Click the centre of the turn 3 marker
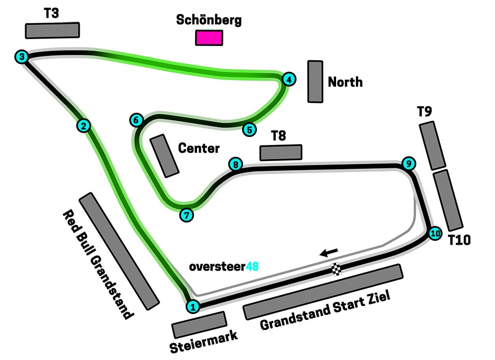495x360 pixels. click(x=22, y=57)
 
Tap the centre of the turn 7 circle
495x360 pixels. click(x=187, y=215)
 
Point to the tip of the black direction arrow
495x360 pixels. click(x=319, y=254)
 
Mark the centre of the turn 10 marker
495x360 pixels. click(x=435, y=233)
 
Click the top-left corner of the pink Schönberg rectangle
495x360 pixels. click(x=196, y=31)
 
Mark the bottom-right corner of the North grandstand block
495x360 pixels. click(x=322, y=102)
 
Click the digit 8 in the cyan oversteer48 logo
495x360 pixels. click(x=255, y=267)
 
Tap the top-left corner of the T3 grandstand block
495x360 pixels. click(x=26, y=24)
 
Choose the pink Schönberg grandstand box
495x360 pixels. click(x=209, y=38)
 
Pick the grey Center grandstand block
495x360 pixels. click(x=164, y=156)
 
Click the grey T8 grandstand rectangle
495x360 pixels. click(x=281, y=153)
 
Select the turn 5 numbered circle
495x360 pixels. click(x=249, y=130)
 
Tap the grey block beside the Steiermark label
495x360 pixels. click(x=199, y=325)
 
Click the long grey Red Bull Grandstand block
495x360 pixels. click(x=119, y=251)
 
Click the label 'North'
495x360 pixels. click(x=346, y=82)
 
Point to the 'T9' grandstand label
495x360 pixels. click(x=424, y=112)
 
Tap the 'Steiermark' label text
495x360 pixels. click(x=203, y=342)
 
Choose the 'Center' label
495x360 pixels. click(x=199, y=148)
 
